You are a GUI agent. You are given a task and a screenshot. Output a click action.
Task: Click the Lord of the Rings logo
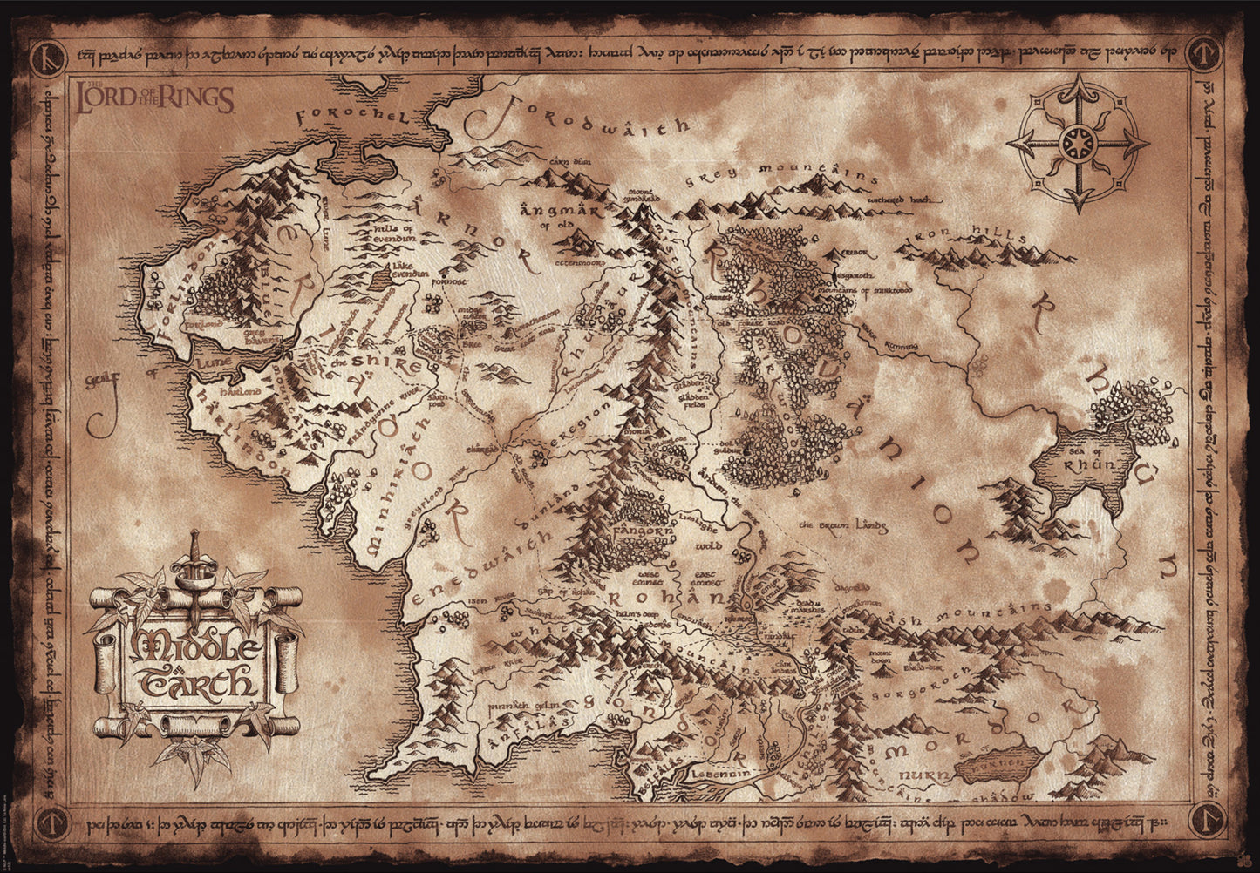point(154,98)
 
